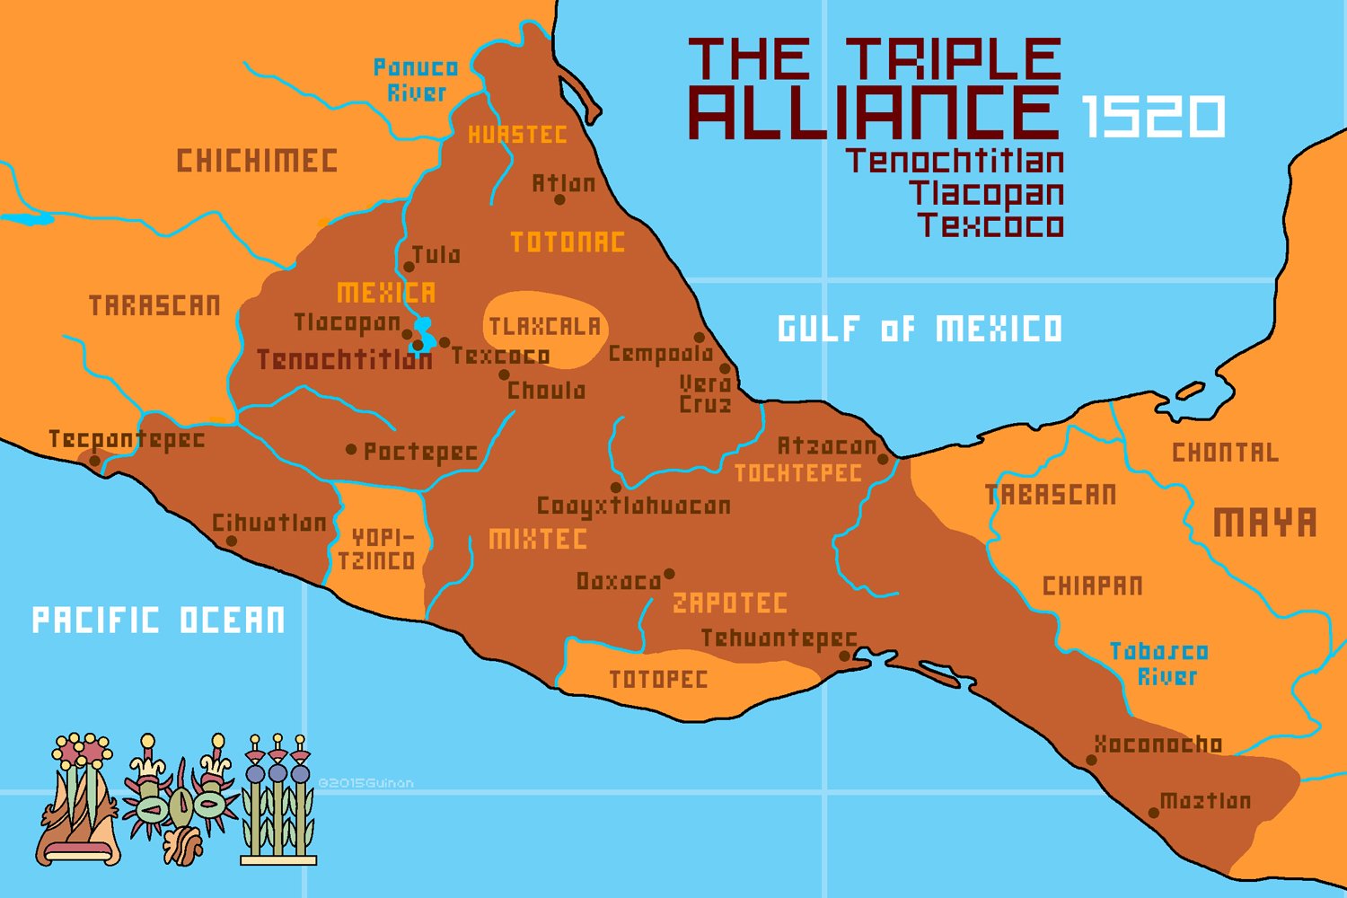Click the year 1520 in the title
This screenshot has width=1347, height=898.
click(1153, 116)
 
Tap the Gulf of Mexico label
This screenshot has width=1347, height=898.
click(920, 329)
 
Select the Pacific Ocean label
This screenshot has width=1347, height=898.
click(158, 621)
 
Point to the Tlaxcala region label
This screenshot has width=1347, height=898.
click(544, 327)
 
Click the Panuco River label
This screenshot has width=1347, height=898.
click(416, 80)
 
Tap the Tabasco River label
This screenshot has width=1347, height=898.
click(1159, 664)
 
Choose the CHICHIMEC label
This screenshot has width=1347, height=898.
click(257, 162)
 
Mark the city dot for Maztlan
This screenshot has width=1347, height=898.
click(1154, 813)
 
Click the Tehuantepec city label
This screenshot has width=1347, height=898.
click(779, 638)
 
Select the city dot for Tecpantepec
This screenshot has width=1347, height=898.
click(95, 461)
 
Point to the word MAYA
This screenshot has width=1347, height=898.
click(1264, 523)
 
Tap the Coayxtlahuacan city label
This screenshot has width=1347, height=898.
click(633, 506)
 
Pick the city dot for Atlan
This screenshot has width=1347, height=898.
click(559, 199)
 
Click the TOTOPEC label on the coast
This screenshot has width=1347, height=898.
click(658, 680)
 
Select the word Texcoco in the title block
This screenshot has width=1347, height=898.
click(990, 224)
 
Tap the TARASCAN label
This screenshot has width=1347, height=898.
click(154, 306)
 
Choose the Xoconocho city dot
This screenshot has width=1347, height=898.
click(1091, 760)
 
